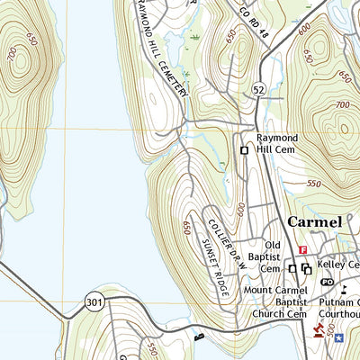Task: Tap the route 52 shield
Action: [258, 90]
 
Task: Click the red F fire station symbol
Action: [303, 249]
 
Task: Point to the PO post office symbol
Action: [327, 282]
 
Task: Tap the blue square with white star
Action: [338, 338]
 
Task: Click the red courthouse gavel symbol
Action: [317, 332]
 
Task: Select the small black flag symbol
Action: [344, 288]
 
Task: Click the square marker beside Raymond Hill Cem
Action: [244, 150]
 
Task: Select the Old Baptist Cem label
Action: [272, 256]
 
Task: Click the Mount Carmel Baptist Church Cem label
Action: [274, 303]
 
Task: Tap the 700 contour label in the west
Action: [10, 56]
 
